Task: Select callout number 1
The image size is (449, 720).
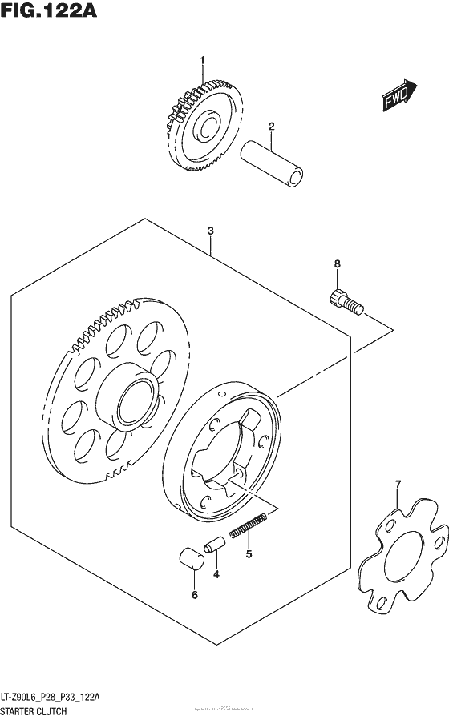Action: [x=203, y=60]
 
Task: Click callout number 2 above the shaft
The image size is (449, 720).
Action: [x=272, y=126]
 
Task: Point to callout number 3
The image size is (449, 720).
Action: [x=210, y=231]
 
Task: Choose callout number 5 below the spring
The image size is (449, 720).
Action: [x=249, y=553]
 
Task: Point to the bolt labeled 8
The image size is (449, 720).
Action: [x=344, y=301]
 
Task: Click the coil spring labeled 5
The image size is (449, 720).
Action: [x=249, y=526]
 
